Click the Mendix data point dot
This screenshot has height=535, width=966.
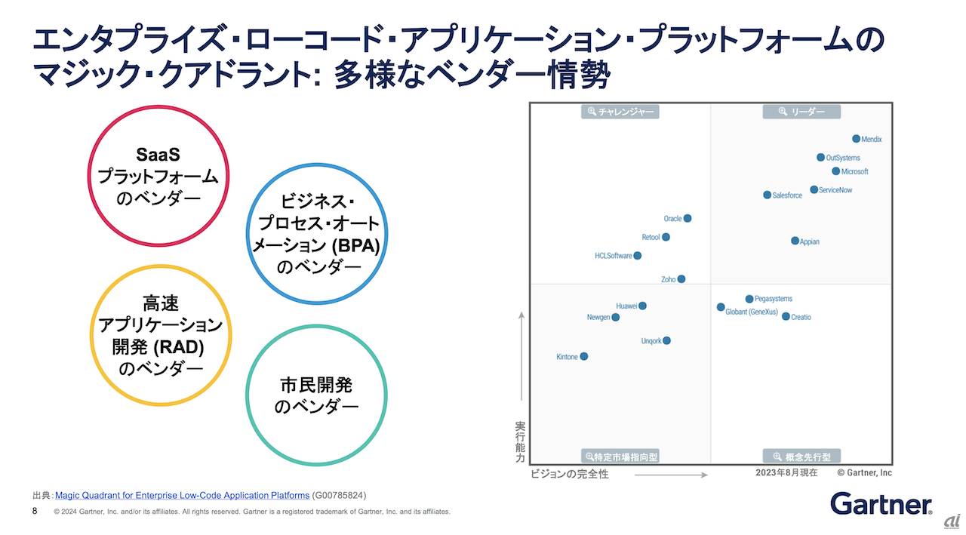856,139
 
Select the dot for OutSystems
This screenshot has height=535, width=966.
820,158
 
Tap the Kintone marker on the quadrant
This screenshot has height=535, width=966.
583,356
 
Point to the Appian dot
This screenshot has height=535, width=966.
795,241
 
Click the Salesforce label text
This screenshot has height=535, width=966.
787,195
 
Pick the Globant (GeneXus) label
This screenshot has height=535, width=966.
751,312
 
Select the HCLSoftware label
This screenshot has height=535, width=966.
613,256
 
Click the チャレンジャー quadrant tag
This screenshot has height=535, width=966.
620,112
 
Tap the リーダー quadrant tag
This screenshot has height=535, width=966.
801,112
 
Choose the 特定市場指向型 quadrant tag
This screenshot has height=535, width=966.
620,457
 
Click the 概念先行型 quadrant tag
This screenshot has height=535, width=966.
801,457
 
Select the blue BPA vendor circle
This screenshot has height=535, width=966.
317,234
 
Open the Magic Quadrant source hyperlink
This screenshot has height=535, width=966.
182,495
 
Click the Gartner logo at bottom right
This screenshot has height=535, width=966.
880,503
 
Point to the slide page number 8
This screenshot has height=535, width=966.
35,511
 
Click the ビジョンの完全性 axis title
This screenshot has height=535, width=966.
569,474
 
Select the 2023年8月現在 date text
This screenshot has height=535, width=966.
786,472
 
